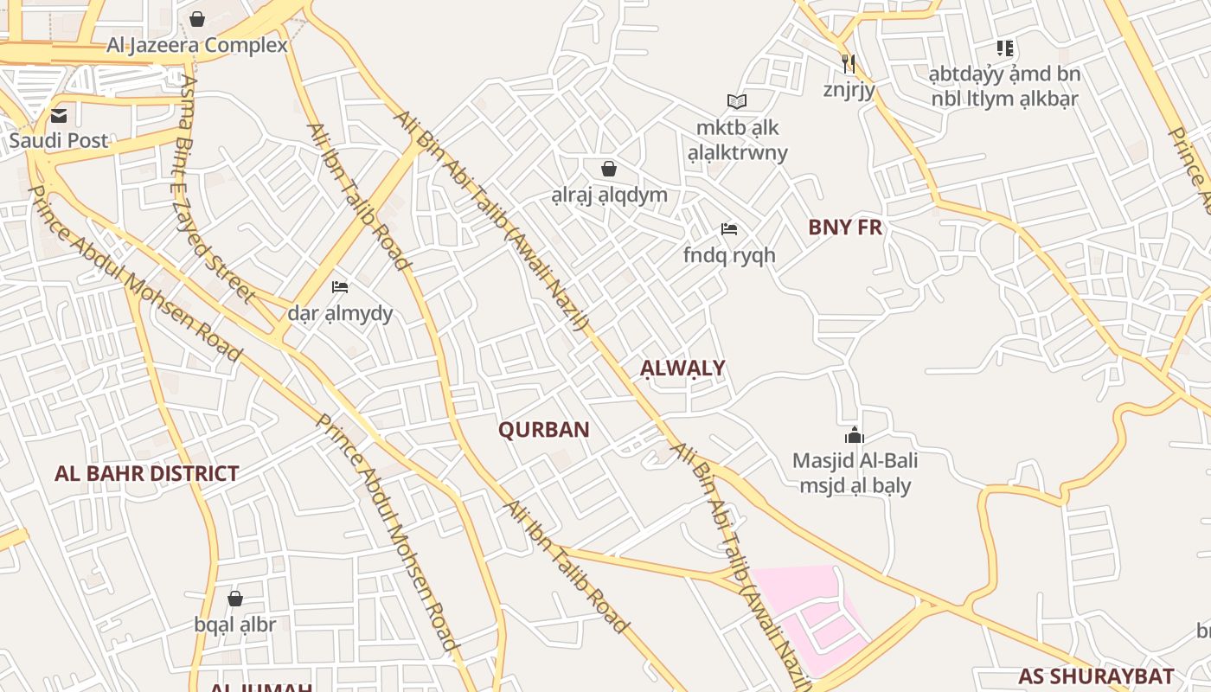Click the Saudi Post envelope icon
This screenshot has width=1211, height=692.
pos(59,116)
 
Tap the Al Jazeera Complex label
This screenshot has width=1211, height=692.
pos(197,45)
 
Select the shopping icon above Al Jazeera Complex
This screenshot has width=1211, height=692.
pos(197,19)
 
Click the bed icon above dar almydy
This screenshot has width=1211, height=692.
pos(340,287)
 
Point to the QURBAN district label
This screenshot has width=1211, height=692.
pos(544,430)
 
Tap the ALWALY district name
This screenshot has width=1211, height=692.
pos(682,368)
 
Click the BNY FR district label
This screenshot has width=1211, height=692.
pos(845,227)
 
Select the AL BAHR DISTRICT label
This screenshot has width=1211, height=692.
pos(146,474)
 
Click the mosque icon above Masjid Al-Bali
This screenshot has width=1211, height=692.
pos(855,435)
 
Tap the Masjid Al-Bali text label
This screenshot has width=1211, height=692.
pos(855,461)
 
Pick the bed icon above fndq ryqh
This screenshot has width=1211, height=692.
pos(729,230)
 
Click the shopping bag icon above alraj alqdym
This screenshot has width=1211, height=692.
pos(609,169)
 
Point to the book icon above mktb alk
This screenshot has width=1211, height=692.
pos(737,102)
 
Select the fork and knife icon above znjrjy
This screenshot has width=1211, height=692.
pos(849,63)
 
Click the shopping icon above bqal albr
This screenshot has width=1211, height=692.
pos(234,599)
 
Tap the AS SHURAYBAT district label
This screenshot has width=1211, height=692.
pos(1096,676)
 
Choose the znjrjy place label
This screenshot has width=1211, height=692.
pos(849,89)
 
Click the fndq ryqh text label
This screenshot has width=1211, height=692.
pos(729,256)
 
